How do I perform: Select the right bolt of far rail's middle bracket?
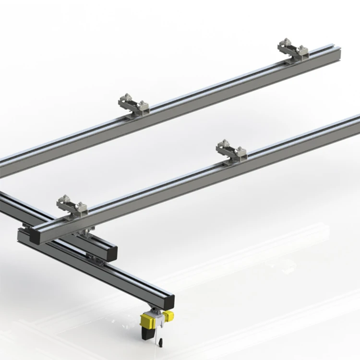coord(143,104)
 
